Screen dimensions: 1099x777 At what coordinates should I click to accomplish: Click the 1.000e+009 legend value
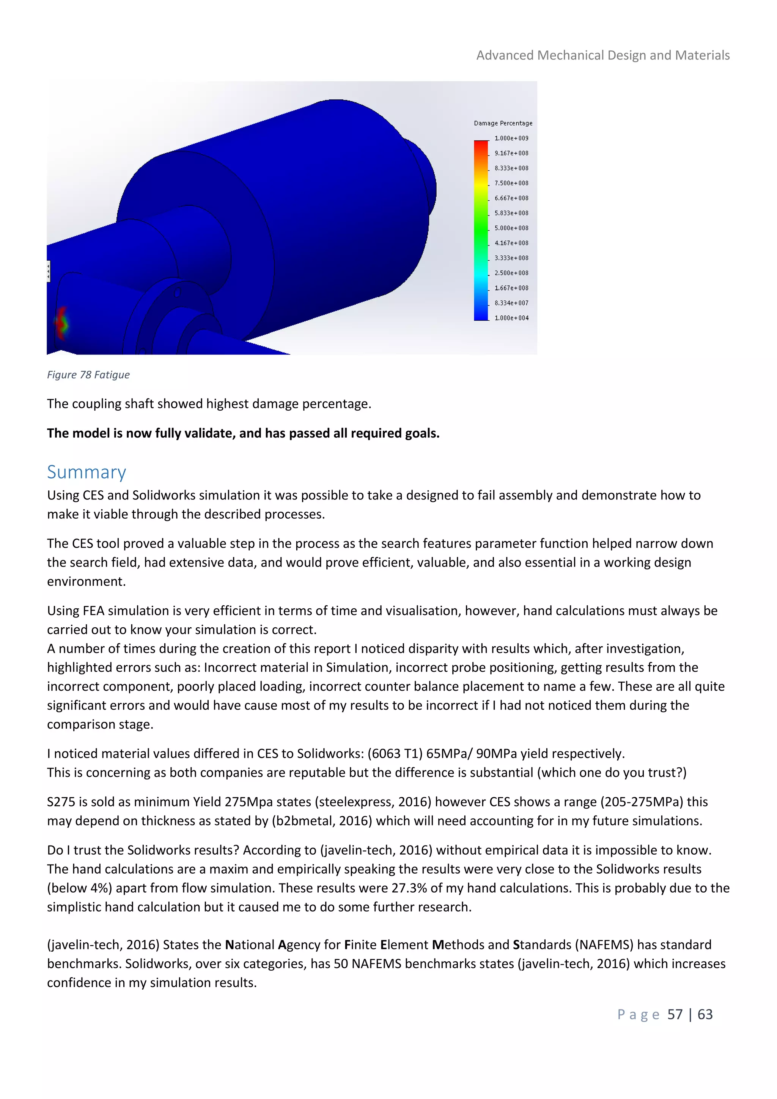pos(511,139)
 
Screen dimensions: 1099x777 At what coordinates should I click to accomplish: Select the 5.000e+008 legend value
pos(511,228)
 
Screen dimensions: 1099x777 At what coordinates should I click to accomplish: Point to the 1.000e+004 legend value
pos(511,318)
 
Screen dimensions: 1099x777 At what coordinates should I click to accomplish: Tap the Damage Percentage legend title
pos(503,123)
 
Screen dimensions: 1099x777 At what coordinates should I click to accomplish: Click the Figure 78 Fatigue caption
pos(88,375)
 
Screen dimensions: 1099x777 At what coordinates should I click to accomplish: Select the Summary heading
pos(87,472)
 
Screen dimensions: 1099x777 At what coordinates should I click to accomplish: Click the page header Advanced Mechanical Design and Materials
pos(602,55)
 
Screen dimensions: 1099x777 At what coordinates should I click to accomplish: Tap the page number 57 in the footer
pos(675,1014)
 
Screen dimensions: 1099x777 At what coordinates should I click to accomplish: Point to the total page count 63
pos(705,1014)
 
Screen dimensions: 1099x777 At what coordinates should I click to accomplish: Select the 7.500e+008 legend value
pos(511,183)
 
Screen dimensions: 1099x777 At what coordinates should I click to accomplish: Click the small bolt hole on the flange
pos(177,291)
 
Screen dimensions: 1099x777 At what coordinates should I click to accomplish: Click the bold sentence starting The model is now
pos(243,433)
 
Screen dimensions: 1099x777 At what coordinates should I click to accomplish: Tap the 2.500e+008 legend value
pos(511,273)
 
